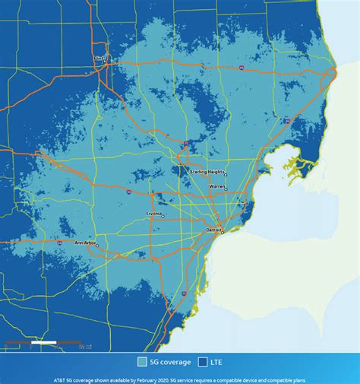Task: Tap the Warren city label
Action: [217, 186]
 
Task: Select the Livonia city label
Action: [155, 214]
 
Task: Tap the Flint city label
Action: [97, 57]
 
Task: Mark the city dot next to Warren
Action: [226, 189]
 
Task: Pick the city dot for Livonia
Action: [163, 218]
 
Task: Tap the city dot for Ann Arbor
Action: [98, 245]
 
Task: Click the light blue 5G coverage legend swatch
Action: [142, 361]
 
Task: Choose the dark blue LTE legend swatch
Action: [204, 361]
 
